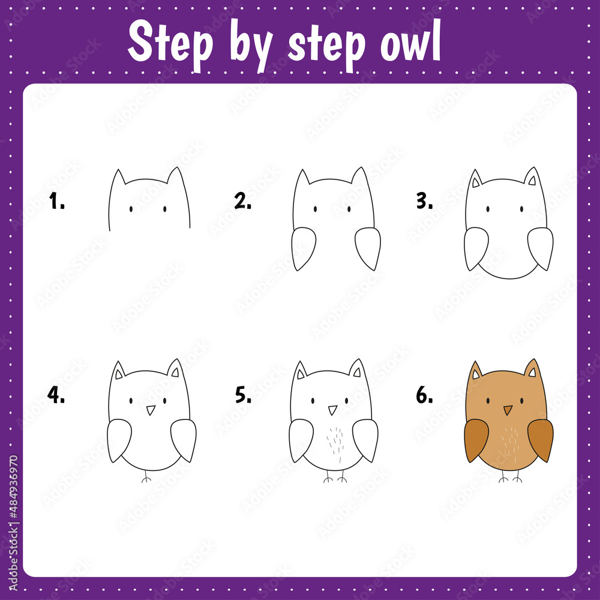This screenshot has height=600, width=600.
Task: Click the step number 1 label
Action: [56, 202]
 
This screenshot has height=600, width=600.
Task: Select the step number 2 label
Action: [242, 202]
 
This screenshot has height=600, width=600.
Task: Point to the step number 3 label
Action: [424, 202]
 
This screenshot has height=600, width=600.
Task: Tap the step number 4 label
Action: [56, 395]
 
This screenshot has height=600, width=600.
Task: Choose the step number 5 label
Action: [242, 395]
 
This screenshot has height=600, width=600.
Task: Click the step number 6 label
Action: [424, 395]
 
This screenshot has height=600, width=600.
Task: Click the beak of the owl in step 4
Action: [151, 410]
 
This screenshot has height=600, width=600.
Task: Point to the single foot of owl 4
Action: [145, 479]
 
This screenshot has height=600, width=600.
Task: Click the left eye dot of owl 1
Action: [131, 209]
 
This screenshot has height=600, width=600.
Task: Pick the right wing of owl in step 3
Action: [541, 247]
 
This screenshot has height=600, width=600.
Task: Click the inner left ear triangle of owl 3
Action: [476, 181]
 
